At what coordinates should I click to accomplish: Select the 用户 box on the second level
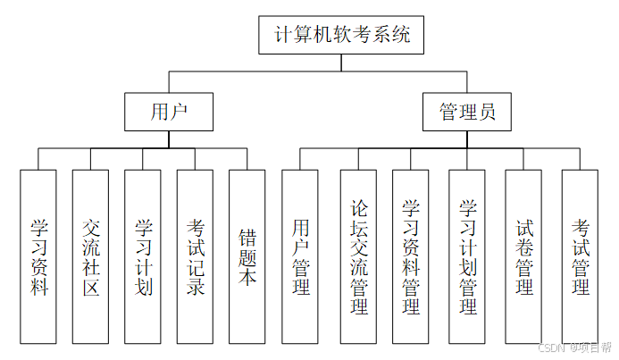[169, 112]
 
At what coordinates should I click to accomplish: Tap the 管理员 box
[468, 113]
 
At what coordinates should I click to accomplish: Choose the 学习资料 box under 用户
[38, 256]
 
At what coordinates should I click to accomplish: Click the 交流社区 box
[91, 256]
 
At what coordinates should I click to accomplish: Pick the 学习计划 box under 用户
[143, 256]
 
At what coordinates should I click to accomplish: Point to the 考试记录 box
[196, 256]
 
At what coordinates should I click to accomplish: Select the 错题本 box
[247, 256]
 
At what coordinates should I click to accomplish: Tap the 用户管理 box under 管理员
[300, 256]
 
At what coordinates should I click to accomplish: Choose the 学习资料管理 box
[411, 256]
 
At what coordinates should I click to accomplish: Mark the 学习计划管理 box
[467, 256]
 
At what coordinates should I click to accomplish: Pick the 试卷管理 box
[523, 256]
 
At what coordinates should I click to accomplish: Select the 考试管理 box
[580, 256]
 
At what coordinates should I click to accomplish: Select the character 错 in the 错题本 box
[247, 237]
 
